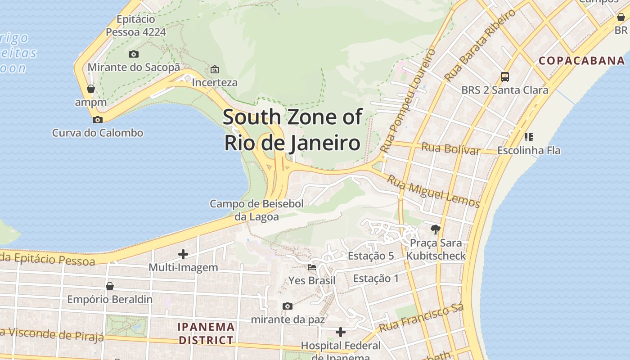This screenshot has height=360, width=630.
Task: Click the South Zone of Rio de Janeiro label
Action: coord(292,130)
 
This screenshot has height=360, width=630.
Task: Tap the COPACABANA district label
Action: coord(581,60)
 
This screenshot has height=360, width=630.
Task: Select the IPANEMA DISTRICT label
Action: coord(206,333)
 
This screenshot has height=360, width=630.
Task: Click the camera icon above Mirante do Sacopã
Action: coord(134,54)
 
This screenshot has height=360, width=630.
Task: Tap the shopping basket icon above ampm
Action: coord(91,89)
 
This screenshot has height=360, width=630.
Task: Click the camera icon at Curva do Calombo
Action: coord(97,120)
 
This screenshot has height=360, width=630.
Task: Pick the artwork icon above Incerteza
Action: coord(215,69)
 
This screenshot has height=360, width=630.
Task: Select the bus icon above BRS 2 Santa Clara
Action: coord(505,77)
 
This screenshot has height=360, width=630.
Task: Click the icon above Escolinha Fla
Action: coord(529,137)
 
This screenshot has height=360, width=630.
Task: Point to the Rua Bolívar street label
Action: coord(450,148)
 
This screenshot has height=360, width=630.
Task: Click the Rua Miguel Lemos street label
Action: coord(433,191)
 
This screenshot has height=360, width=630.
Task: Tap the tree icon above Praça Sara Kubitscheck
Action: coord(435,229)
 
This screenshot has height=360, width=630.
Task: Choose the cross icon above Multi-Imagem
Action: coord(183,254)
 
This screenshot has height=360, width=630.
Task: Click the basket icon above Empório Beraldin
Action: coord(109,286)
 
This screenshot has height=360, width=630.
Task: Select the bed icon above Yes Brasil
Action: coord(311,267)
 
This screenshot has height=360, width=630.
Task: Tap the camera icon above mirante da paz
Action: coord(287,306)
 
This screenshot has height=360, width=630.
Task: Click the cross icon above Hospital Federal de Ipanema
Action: coord(341,332)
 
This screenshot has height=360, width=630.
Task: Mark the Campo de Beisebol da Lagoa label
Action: coord(256,210)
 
